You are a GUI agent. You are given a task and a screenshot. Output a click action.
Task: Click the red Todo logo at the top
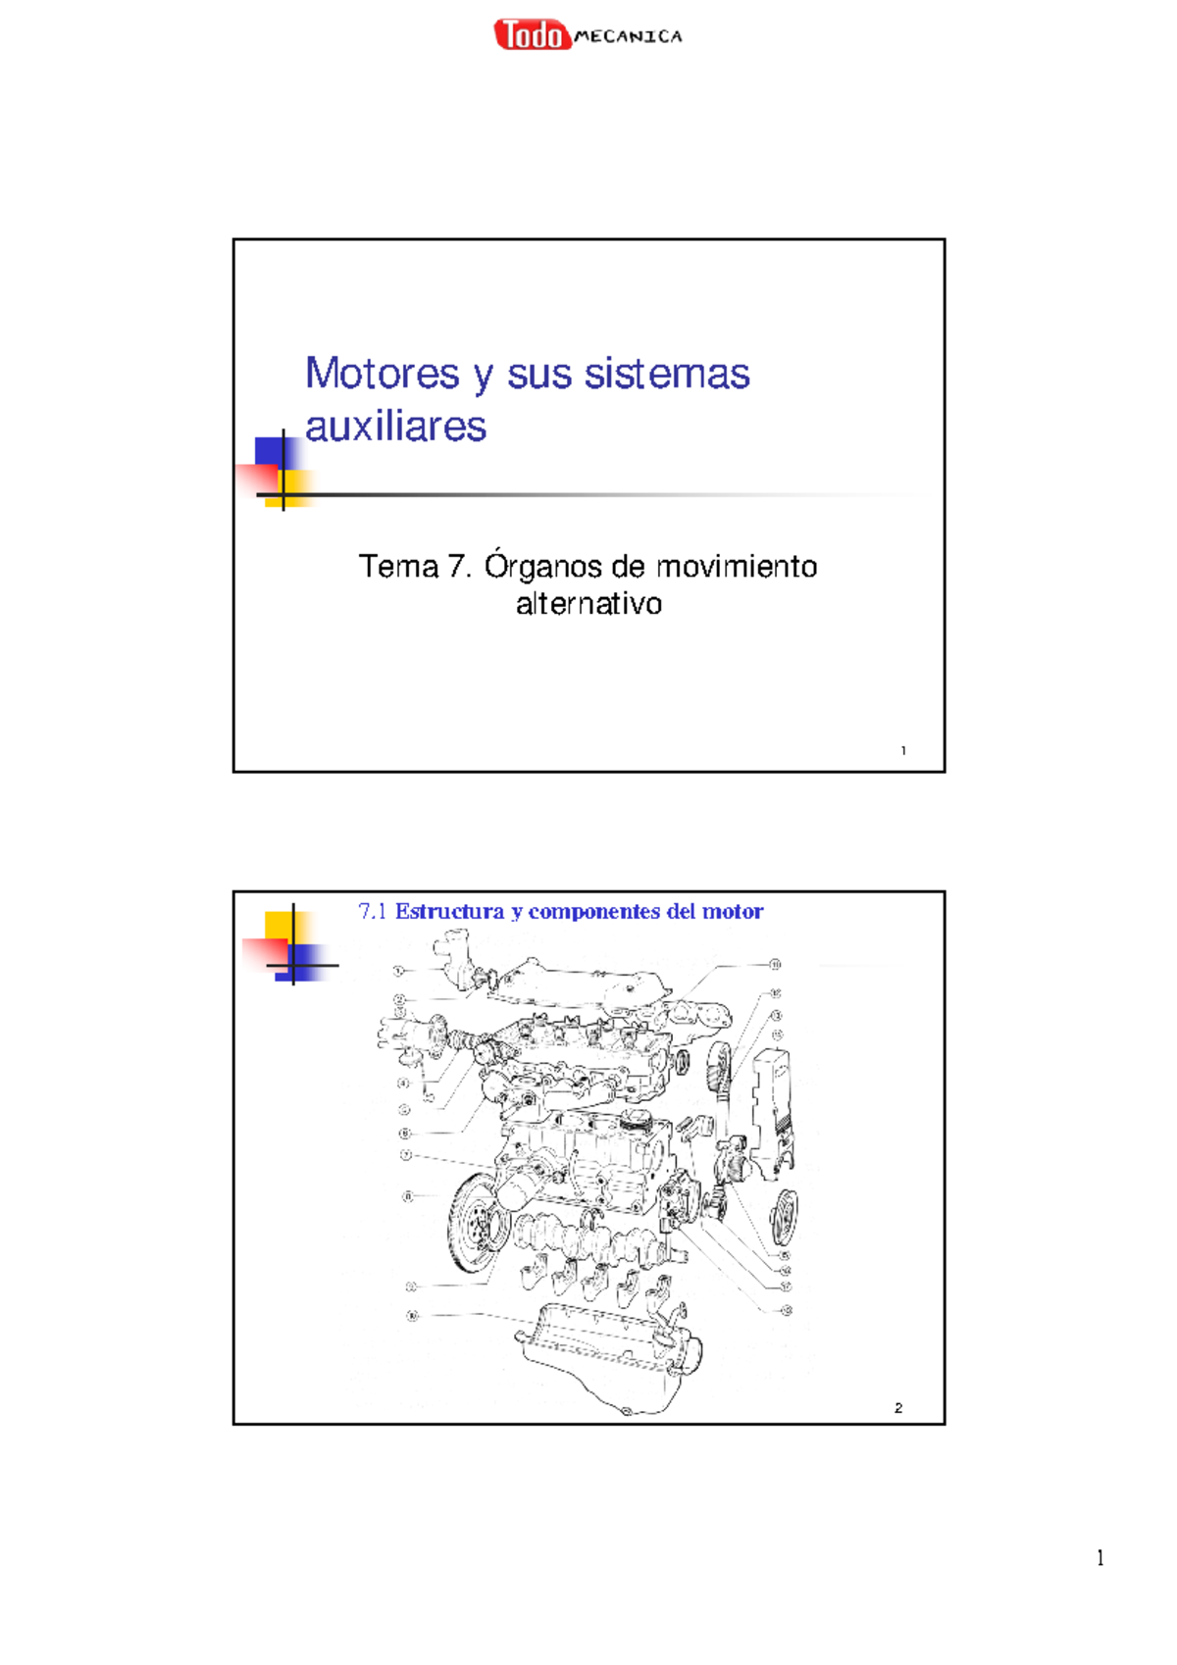tap(532, 35)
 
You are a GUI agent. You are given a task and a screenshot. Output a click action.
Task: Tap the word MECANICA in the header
tap(628, 37)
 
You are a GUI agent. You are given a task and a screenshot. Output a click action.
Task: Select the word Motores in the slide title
tap(382, 374)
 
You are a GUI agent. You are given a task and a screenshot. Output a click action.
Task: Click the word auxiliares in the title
tap(395, 427)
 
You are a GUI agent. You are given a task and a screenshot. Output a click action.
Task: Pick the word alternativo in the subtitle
tap(588, 603)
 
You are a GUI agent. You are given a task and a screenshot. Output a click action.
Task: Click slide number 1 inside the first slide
tap(902, 751)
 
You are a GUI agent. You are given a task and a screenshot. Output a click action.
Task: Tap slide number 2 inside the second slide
tap(897, 1408)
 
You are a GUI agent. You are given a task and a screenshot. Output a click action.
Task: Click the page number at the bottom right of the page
tap(1100, 1558)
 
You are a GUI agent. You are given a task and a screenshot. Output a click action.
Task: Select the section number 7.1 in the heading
tap(373, 912)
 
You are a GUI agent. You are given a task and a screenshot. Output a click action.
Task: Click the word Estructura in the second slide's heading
tap(449, 912)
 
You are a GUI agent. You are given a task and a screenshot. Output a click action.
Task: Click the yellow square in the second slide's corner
tap(279, 925)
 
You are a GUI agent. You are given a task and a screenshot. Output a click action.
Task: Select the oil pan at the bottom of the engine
tap(608, 1358)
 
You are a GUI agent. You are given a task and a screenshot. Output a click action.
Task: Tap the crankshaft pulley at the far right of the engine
tap(785, 1217)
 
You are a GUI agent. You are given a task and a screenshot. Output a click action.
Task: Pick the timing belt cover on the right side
tap(772, 1103)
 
